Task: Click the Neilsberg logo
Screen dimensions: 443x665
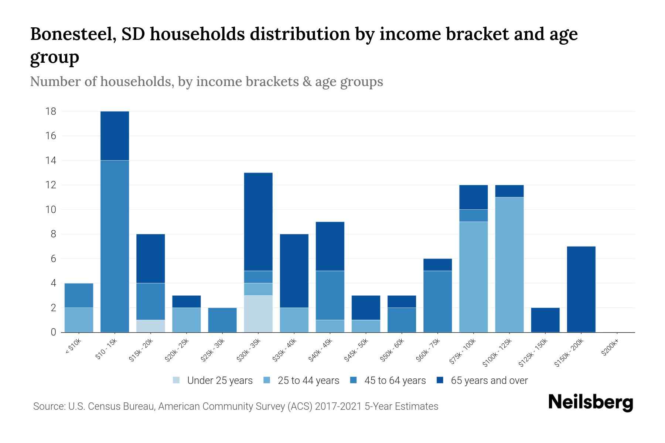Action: point(590,402)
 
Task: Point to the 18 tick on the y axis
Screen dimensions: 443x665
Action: point(51,111)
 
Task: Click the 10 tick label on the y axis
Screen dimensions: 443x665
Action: point(51,210)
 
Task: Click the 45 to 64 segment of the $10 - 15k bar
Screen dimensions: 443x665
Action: point(115,246)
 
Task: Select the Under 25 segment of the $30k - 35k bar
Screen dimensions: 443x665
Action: point(258,314)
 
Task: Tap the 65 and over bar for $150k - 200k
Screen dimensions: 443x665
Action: point(581,289)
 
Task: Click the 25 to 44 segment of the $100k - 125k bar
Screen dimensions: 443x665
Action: point(509,265)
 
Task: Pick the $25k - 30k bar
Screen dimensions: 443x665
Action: point(222,320)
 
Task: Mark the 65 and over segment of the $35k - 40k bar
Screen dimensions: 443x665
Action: point(294,271)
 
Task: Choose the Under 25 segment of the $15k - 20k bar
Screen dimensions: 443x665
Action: point(151,326)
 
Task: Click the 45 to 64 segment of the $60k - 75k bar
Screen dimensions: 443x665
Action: point(438,302)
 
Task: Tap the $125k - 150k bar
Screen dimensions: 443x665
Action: point(545,320)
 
